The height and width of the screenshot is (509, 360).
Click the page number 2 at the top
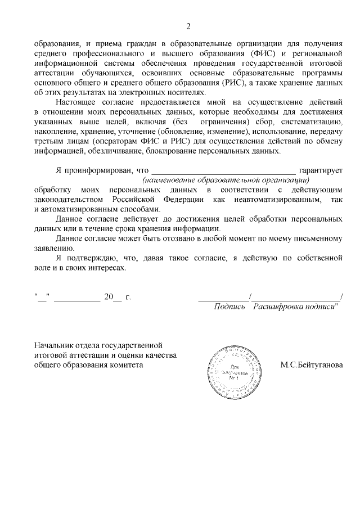tap(188, 26)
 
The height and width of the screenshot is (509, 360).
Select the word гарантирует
tap(321, 170)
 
